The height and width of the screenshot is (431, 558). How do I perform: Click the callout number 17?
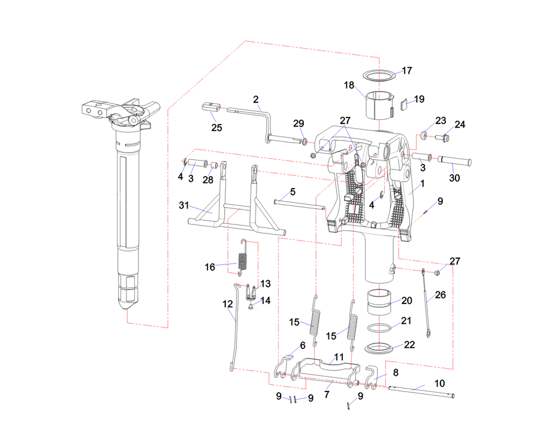(407, 71)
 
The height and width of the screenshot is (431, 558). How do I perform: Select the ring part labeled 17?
(380, 76)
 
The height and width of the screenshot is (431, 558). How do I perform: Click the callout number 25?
(216, 128)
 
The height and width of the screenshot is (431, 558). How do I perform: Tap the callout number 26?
(441, 295)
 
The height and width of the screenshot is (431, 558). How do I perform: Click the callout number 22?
(409, 345)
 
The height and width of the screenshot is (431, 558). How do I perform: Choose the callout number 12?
(227, 304)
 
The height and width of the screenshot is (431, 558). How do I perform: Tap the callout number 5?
(292, 192)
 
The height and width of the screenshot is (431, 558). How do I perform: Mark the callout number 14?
(265, 301)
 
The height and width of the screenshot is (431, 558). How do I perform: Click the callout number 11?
(339, 357)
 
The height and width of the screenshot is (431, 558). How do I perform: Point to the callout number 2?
(256, 99)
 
